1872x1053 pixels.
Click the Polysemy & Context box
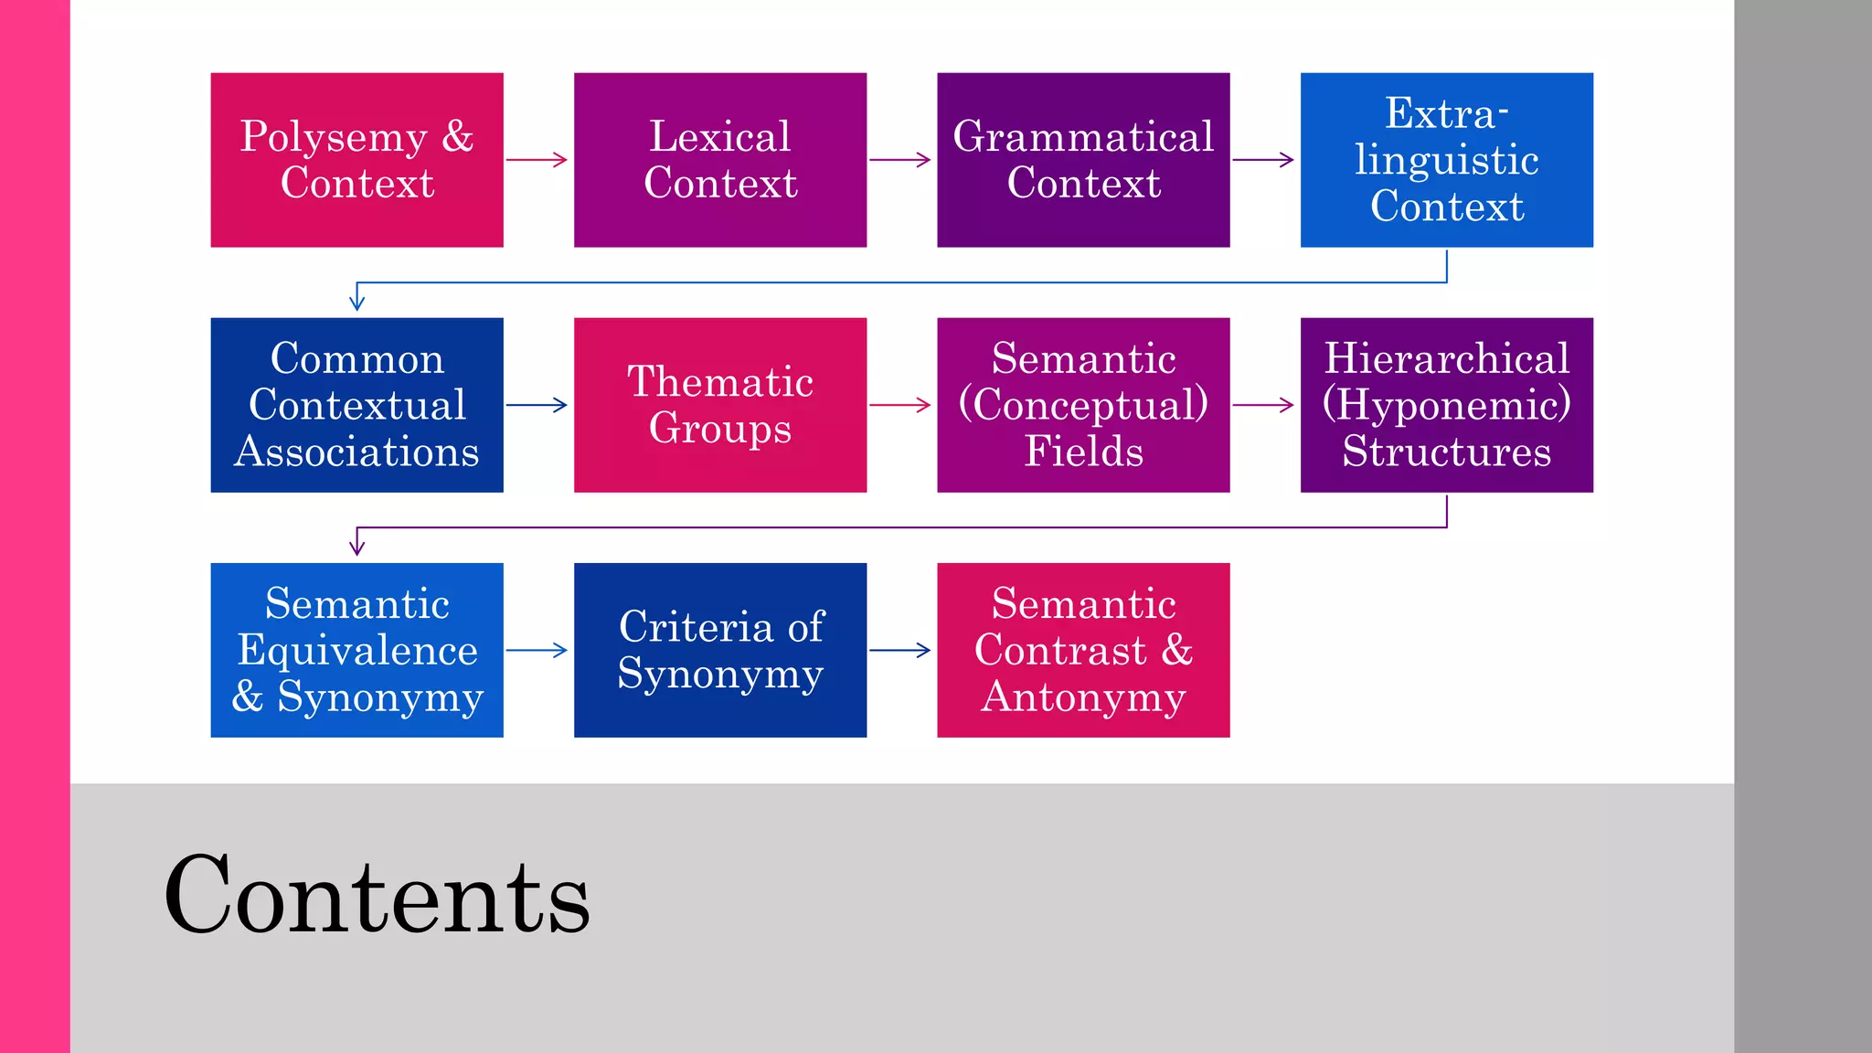tap(356, 160)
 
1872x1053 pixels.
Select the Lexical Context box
tap(720, 160)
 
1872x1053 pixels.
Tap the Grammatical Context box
tap(1083, 160)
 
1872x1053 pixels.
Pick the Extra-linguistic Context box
tap(1447, 160)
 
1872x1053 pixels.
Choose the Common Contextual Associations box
tap(356, 405)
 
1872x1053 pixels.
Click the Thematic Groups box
tap(720, 405)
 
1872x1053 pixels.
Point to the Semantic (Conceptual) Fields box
tap(1083, 405)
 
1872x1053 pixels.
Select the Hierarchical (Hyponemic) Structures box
tap(1447, 405)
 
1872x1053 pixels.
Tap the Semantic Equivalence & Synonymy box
tap(356, 650)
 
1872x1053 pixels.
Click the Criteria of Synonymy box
tap(720, 650)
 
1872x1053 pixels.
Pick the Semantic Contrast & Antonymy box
tap(1083, 650)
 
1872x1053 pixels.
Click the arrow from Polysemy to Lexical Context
tap(537, 160)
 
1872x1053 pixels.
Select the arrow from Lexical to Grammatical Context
tap(900, 160)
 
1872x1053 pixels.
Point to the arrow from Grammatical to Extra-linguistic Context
tap(1264, 160)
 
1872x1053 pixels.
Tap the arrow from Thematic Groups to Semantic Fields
tap(900, 405)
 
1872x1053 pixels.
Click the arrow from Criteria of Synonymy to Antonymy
tap(900, 650)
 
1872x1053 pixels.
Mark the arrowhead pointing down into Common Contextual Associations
tap(357, 303)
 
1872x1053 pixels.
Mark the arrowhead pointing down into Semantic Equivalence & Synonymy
tap(357, 548)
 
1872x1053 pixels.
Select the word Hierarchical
tap(1447, 358)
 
